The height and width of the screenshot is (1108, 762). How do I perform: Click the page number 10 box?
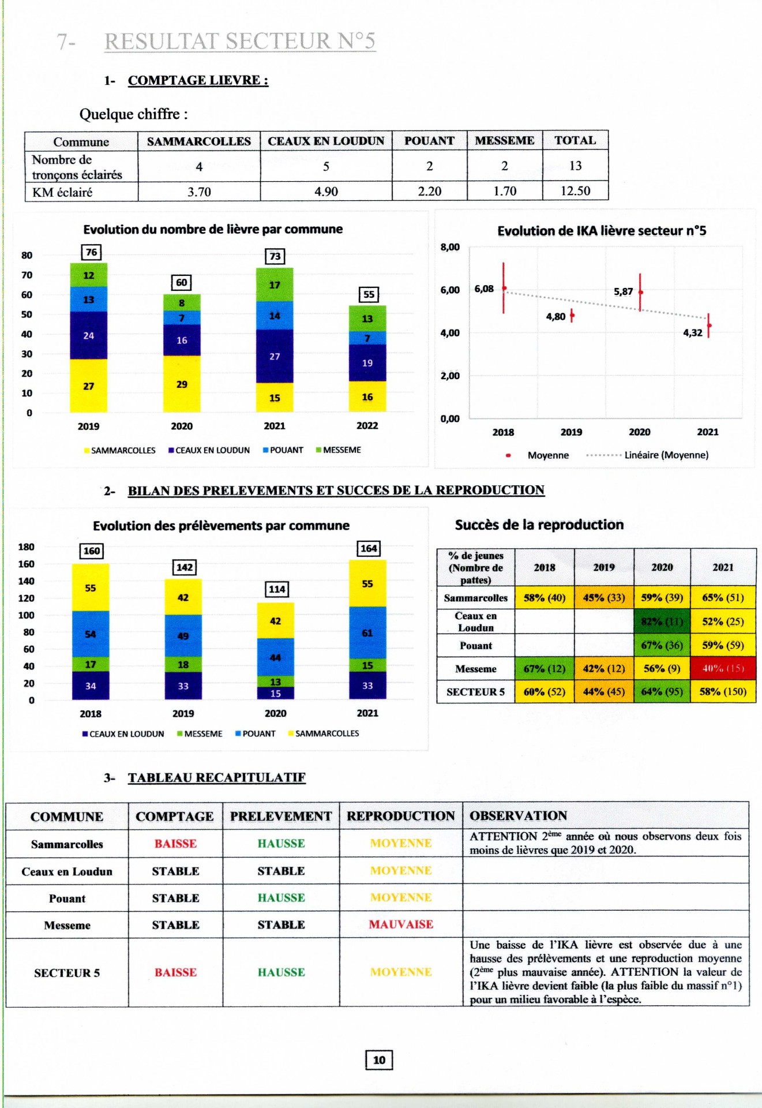pyautogui.click(x=379, y=1060)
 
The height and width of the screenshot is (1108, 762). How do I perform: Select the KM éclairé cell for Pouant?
pyautogui.click(x=429, y=191)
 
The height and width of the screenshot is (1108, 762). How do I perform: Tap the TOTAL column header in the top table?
pyautogui.click(x=575, y=140)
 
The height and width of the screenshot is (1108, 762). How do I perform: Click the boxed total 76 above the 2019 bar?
pyautogui.click(x=91, y=252)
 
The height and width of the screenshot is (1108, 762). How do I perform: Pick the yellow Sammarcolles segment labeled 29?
pyautogui.click(x=182, y=384)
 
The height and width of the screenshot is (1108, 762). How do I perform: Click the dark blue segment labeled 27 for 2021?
pyautogui.click(x=275, y=356)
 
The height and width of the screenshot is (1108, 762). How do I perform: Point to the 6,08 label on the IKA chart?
pyautogui.click(x=484, y=289)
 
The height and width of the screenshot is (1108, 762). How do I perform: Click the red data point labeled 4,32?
pyautogui.click(x=709, y=325)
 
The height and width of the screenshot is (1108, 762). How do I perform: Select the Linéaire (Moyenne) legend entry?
pyautogui.click(x=666, y=455)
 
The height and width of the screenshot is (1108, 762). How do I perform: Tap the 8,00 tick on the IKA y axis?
pyautogui.click(x=450, y=247)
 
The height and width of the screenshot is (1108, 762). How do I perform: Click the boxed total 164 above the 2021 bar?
pyautogui.click(x=369, y=548)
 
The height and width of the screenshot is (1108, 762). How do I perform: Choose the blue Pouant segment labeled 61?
pyautogui.click(x=367, y=633)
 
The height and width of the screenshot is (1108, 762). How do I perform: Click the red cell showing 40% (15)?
pyautogui.click(x=723, y=668)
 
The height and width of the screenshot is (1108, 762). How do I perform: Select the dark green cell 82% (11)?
pyautogui.click(x=662, y=622)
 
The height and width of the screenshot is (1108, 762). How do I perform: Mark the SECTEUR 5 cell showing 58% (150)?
pyautogui.click(x=723, y=691)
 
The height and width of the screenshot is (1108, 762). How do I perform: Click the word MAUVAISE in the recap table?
pyautogui.click(x=401, y=924)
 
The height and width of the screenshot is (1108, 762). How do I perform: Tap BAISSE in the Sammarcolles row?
pyautogui.click(x=175, y=844)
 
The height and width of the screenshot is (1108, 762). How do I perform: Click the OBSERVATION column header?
pyautogui.click(x=518, y=815)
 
